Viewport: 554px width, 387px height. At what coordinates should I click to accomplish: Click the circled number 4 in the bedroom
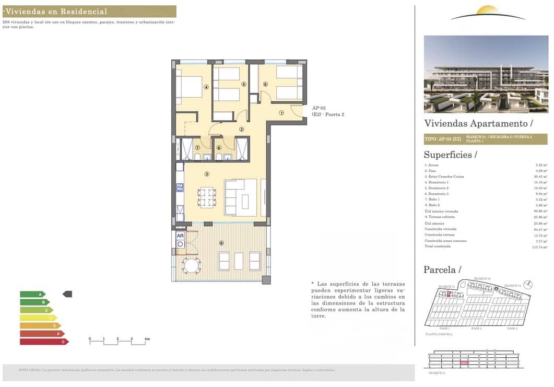[206, 87]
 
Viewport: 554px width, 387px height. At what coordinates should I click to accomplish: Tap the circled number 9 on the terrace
[221, 242]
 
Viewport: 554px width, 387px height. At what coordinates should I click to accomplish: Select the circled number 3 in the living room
[207, 174]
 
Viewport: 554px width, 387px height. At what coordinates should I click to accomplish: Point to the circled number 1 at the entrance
[281, 112]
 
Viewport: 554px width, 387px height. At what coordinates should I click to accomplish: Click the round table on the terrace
[191, 266]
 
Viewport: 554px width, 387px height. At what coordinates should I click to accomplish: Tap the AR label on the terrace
[180, 236]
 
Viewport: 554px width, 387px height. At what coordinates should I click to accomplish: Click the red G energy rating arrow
[44, 342]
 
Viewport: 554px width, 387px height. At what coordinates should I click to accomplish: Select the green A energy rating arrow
[32, 294]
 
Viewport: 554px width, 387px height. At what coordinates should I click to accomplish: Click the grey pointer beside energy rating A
[67, 294]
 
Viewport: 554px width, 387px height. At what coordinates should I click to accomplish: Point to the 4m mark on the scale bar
[147, 339]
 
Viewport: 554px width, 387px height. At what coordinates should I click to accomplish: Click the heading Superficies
[450, 155]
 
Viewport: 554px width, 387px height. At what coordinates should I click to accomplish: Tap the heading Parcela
[442, 269]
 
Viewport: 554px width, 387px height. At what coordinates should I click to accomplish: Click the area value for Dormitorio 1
[540, 182]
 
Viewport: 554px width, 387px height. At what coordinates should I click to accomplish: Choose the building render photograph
[486, 74]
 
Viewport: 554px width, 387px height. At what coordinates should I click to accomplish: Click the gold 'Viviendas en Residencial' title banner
[89, 11]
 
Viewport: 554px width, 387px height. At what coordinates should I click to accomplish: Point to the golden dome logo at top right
[488, 11]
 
